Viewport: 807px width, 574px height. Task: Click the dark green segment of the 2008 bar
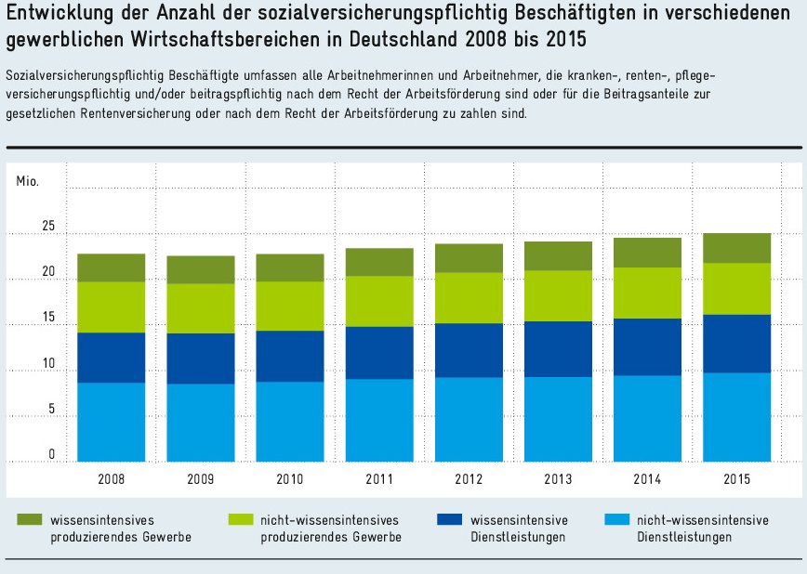(x=111, y=267)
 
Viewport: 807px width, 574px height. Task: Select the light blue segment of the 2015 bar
(x=736, y=417)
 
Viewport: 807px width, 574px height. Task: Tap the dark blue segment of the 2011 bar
(x=379, y=353)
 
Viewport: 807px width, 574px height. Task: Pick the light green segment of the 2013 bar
(x=558, y=296)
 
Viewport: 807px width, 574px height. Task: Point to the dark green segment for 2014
(x=647, y=253)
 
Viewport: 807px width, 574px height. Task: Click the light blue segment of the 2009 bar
(x=200, y=423)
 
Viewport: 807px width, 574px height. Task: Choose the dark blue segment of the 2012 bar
(x=469, y=350)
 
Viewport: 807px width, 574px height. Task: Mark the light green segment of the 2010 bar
(x=290, y=307)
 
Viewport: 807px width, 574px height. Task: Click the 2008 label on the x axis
(x=111, y=479)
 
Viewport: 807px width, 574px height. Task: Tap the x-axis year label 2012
(x=469, y=479)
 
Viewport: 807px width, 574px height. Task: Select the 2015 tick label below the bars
(x=736, y=479)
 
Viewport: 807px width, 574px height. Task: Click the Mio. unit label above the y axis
(x=28, y=180)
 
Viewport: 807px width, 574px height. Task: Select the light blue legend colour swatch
(x=615, y=520)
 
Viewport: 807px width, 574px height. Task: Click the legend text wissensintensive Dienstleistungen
(x=519, y=528)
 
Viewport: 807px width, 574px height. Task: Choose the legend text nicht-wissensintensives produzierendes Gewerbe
(x=330, y=528)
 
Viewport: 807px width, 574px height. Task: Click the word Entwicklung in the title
(x=57, y=17)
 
